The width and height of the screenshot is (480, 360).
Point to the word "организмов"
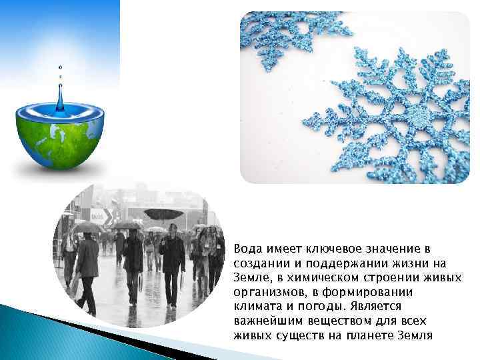pos(266,292)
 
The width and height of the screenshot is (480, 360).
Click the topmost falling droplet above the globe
pos(60,67)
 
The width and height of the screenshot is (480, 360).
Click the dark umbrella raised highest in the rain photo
pos(163,214)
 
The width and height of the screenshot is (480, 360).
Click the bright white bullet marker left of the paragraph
pos(227,249)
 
